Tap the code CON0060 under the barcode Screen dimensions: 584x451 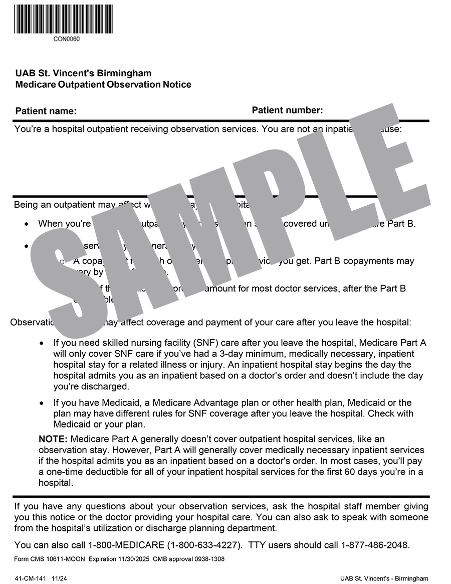point(66,39)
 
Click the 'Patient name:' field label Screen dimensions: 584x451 point(46,111)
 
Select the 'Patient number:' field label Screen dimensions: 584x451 point(287,110)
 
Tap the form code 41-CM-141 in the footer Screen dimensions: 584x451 point(31,578)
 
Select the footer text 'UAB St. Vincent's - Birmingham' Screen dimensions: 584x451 point(384,578)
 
